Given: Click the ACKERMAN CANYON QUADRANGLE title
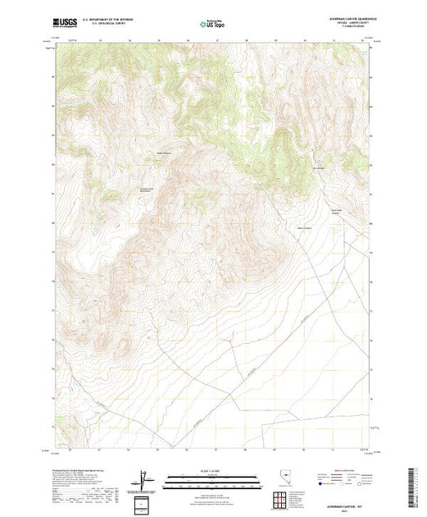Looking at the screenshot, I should coord(334,20).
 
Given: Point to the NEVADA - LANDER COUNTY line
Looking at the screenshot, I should coord(336,24).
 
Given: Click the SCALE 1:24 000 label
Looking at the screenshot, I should coord(212,473).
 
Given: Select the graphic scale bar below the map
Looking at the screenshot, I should coord(212,478).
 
